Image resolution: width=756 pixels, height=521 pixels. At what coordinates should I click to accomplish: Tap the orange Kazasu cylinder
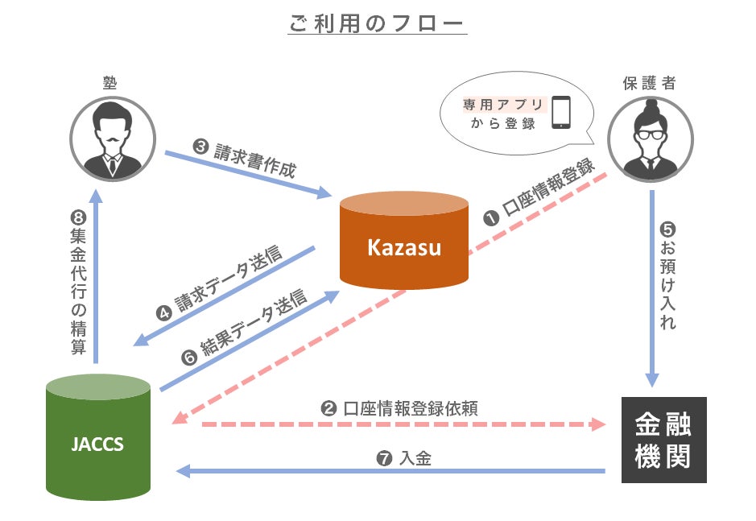click(403, 242)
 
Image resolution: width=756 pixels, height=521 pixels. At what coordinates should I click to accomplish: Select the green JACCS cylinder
click(98, 442)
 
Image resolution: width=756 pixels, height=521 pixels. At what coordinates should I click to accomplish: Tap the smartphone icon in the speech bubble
click(560, 113)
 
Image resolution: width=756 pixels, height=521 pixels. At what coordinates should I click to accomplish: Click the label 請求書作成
click(254, 159)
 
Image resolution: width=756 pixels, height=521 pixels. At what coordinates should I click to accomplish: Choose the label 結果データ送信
click(253, 326)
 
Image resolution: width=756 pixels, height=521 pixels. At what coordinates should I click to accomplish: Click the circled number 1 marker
click(490, 218)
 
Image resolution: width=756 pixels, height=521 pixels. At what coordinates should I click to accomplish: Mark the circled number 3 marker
click(200, 147)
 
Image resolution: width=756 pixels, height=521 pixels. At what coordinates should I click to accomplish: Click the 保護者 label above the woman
click(648, 83)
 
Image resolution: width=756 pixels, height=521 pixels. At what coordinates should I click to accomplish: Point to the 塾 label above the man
click(111, 83)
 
